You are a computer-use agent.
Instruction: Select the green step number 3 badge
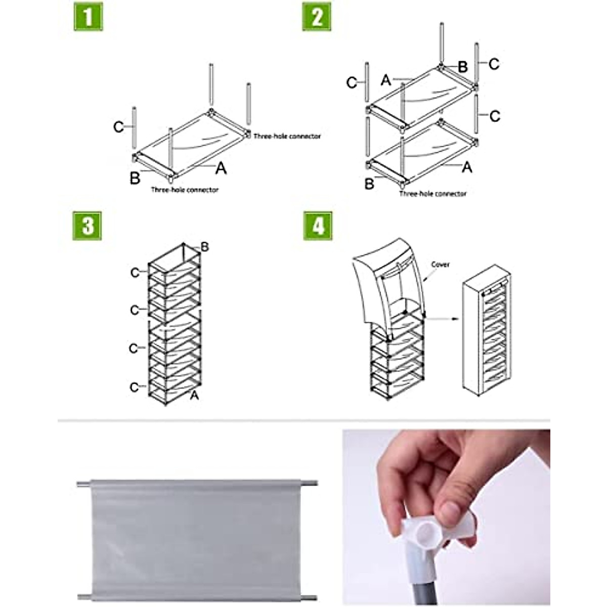(87, 226)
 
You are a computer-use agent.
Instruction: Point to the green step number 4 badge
(318, 226)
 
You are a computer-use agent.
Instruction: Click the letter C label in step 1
(118, 127)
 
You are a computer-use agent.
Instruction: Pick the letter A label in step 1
(221, 168)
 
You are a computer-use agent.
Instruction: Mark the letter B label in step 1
(135, 178)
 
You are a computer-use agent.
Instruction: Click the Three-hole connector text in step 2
(433, 194)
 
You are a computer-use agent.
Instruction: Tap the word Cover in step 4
(440, 265)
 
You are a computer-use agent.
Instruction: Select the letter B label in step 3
(204, 247)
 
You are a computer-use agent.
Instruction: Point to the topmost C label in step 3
(135, 273)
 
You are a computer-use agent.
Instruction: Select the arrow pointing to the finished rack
(443, 319)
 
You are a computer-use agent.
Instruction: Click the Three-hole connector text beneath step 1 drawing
(185, 190)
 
